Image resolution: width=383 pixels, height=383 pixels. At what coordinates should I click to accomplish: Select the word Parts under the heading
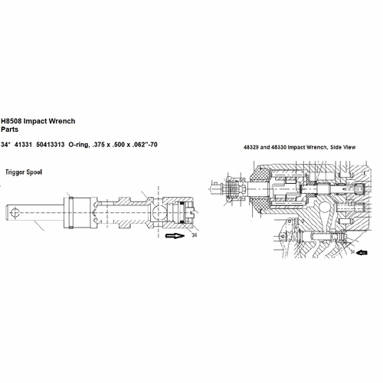(10, 129)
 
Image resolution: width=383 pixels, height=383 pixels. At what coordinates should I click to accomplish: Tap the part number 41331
(23, 145)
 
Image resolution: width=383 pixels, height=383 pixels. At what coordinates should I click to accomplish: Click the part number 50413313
(51, 145)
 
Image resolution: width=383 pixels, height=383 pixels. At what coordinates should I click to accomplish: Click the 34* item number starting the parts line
(5, 145)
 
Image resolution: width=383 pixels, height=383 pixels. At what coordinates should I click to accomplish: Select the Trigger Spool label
(24, 172)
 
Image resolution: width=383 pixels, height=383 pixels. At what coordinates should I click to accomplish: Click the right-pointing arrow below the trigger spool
(175, 235)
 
